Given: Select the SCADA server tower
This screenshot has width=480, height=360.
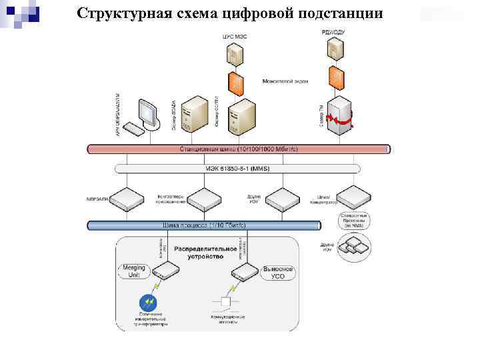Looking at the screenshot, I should (197, 113).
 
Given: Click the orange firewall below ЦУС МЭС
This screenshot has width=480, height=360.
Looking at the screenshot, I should (235, 82).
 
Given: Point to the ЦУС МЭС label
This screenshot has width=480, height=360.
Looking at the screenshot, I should (234, 36).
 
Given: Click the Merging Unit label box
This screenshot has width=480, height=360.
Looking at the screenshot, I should (134, 271).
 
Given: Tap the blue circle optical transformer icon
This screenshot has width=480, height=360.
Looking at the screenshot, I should (146, 301).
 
